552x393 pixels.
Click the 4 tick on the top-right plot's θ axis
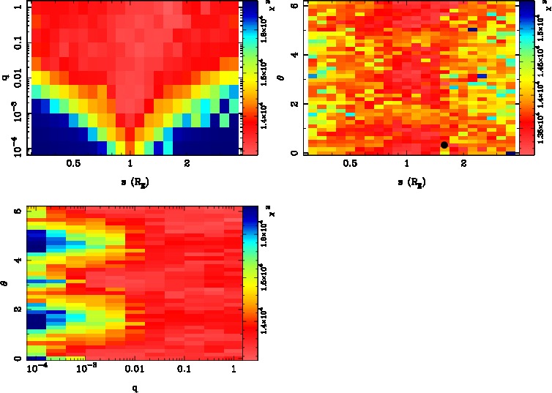293,55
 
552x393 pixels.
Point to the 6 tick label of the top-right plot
293,6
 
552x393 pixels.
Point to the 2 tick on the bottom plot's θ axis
17,310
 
